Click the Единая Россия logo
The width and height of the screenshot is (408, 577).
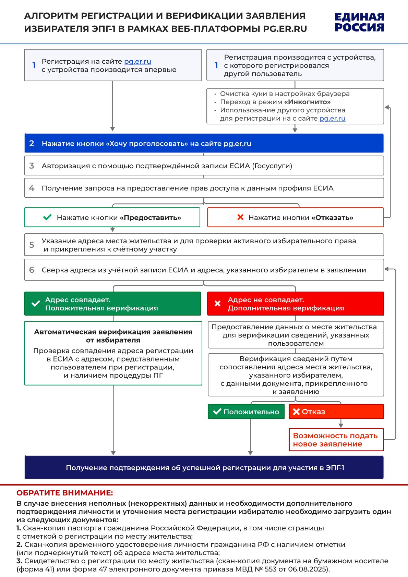pos(359,22)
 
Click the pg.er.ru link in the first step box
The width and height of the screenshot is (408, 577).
pos(137,61)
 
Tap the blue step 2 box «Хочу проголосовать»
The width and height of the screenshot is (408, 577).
pos(204,143)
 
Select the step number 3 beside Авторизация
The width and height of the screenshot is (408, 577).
pos(32,166)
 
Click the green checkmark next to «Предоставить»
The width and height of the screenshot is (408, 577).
pos(47,217)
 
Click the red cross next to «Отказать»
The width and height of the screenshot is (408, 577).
pos(240,217)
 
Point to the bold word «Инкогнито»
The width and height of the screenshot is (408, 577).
pos(308,102)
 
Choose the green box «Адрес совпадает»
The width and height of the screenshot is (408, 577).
pos(112,304)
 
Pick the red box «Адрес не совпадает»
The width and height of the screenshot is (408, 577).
pos(296,304)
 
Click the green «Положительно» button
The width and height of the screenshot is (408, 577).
pos(246,412)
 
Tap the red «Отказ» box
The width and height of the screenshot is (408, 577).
pos(336,412)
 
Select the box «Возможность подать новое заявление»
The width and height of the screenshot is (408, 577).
pos(336,440)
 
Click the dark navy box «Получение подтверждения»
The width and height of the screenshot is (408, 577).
pos(204,467)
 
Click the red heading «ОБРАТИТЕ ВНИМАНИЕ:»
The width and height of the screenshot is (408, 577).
pos(65,493)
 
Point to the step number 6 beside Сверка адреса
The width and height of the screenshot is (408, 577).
pos(32,270)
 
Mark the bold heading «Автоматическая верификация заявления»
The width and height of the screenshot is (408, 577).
pos(113,336)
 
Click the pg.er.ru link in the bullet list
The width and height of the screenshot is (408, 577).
pos(332,118)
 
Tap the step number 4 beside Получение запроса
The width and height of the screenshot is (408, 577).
pos(32,188)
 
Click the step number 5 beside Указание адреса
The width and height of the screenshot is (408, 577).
pos(32,245)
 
